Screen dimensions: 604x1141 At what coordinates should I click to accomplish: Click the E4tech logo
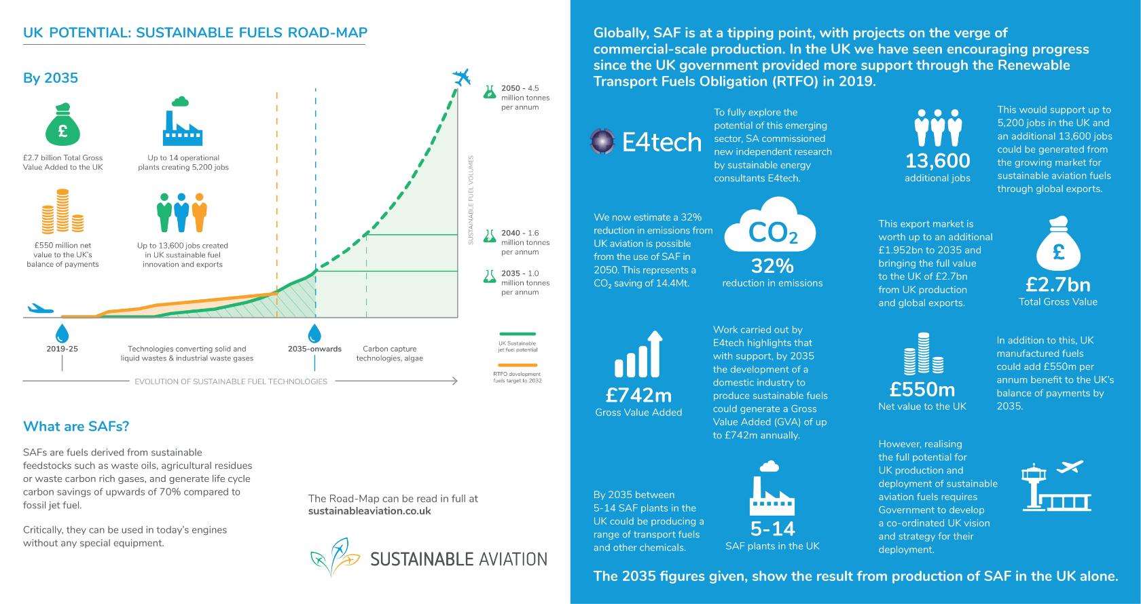(x=645, y=141)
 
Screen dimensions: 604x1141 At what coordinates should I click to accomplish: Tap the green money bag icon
(x=62, y=125)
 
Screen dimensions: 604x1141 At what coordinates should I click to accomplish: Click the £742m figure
(x=638, y=394)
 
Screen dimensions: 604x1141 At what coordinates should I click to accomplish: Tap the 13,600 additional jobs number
(x=937, y=161)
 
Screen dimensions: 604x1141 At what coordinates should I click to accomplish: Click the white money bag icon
(x=1057, y=244)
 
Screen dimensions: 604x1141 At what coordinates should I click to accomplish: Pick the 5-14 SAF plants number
(x=772, y=529)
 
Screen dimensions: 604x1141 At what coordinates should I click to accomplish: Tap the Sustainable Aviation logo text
(x=458, y=559)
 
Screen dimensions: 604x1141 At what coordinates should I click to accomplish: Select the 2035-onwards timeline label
(x=314, y=349)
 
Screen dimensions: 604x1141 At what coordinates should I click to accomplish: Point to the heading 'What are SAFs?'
(x=76, y=426)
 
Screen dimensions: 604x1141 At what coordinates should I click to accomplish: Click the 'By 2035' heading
(x=50, y=78)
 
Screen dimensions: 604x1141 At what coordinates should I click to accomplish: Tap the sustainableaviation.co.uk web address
(x=369, y=511)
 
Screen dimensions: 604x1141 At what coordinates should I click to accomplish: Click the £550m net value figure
(x=922, y=390)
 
